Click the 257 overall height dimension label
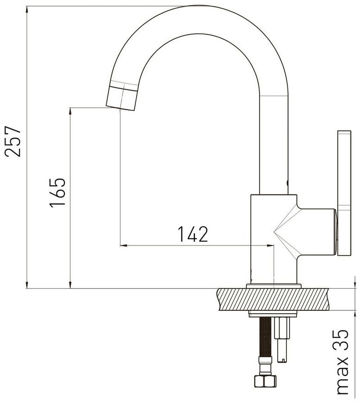pyautogui.click(x=12, y=141)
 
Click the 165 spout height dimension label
pyautogui.click(x=57, y=193)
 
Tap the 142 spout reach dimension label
pyautogui.click(x=193, y=234)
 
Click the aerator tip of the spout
pyautogui.click(x=122, y=98)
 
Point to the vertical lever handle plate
pyautogui.click(x=344, y=193)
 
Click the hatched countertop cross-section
pyautogui.click(x=273, y=299)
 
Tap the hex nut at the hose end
pyautogui.click(x=265, y=381)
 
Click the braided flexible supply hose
pyautogui.click(x=265, y=337)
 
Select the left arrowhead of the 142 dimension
pyautogui.click(x=124, y=246)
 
